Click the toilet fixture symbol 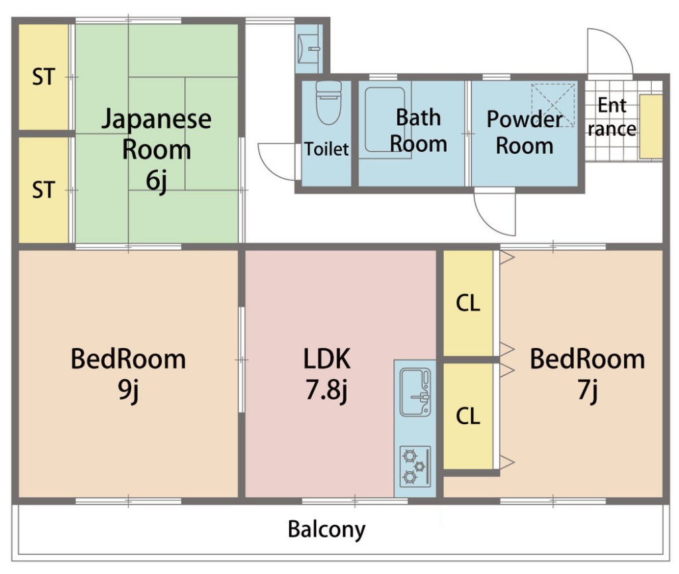(328, 103)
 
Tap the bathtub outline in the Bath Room (366, 119)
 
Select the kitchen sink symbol (415, 392)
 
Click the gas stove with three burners (415, 466)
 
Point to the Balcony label (326, 530)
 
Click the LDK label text (326, 359)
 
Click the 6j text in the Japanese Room (156, 181)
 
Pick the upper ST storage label (43, 77)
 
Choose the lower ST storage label (43, 190)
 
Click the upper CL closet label (468, 303)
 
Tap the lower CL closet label (468, 416)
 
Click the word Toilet (326, 149)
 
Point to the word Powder (525, 119)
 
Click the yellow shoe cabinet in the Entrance (651, 127)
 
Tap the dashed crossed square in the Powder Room (553, 105)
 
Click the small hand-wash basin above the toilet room (308, 49)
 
